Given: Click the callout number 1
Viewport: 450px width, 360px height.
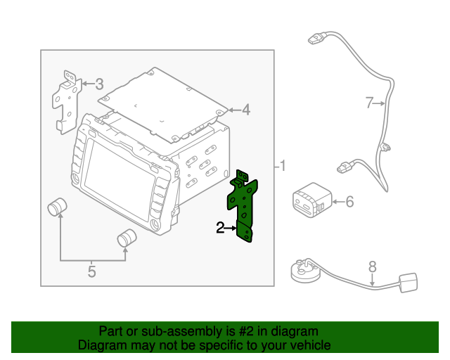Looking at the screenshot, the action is (x=283, y=166).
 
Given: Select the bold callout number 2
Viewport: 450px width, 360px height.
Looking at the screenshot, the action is (x=220, y=228).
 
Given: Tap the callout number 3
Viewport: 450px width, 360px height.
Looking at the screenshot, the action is (x=99, y=84).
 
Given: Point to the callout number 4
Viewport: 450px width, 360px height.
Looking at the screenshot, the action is (x=246, y=110).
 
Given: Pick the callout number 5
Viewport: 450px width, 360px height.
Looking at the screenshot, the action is (x=91, y=271).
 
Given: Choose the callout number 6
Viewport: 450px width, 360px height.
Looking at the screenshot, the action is (x=349, y=202).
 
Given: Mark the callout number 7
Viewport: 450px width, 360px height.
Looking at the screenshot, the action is (x=369, y=103).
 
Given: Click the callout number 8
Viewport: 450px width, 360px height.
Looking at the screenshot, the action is (x=372, y=266).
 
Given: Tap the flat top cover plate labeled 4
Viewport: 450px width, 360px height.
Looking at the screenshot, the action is (x=163, y=105).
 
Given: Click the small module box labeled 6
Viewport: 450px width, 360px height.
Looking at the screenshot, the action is (x=312, y=200).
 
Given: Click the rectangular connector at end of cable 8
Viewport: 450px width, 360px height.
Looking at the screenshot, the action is (x=408, y=283).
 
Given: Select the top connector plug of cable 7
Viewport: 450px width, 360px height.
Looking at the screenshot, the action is (x=316, y=39).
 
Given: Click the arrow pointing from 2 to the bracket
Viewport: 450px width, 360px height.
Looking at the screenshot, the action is (x=231, y=229).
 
